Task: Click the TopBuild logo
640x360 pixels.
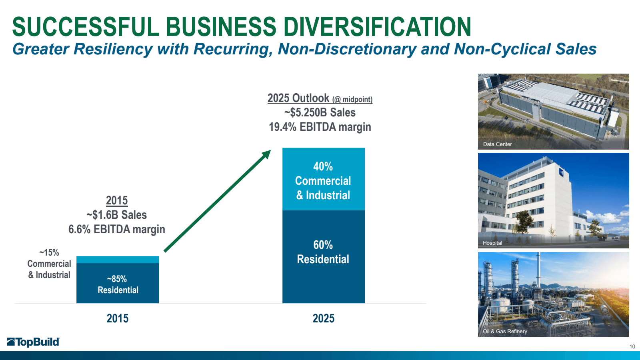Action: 33,342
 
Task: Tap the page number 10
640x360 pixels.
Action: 632,346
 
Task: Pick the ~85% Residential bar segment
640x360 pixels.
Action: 118,284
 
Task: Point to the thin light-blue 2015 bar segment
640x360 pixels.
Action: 118,260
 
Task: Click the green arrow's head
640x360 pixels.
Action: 266,154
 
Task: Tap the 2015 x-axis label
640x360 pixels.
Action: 118,318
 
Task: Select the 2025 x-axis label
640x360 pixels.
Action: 323,318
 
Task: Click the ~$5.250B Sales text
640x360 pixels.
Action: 320,112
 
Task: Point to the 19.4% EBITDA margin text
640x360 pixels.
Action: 320,127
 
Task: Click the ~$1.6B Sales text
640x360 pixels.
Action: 117,215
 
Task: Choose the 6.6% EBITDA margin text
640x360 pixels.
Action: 117,229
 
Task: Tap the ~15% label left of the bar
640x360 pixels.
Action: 49,253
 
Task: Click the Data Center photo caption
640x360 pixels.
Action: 497,144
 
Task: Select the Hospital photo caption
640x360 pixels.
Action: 492,243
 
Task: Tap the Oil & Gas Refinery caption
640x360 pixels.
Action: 505,331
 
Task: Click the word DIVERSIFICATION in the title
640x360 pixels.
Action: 378,27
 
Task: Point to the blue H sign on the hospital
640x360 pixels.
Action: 561,173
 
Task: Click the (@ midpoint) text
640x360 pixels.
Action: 352,100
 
